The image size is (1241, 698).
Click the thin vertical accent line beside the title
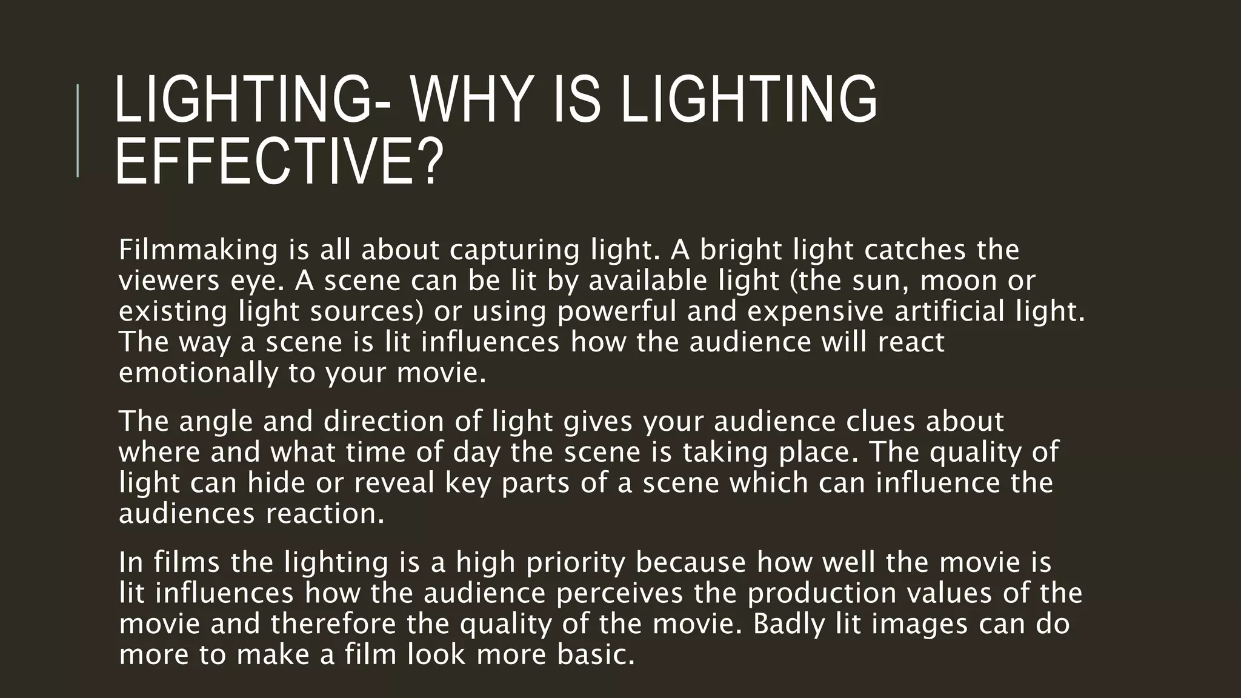point(78,130)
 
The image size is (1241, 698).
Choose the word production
point(822,593)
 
